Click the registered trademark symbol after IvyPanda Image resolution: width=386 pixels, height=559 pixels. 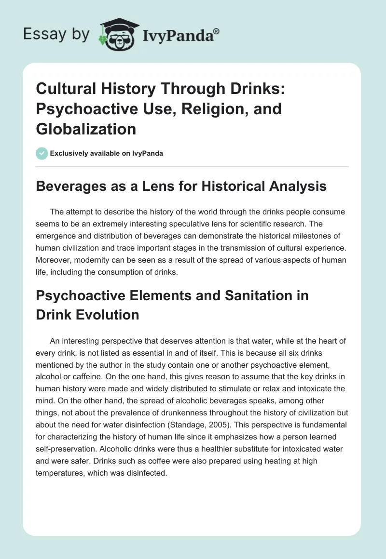click(x=217, y=31)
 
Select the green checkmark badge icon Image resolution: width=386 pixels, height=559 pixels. click(x=41, y=153)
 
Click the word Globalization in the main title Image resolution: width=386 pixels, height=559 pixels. click(x=86, y=129)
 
